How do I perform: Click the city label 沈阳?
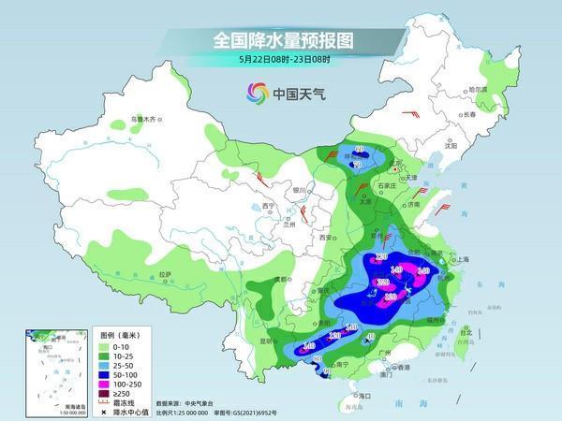click(451, 146)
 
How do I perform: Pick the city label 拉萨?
click(166, 274)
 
